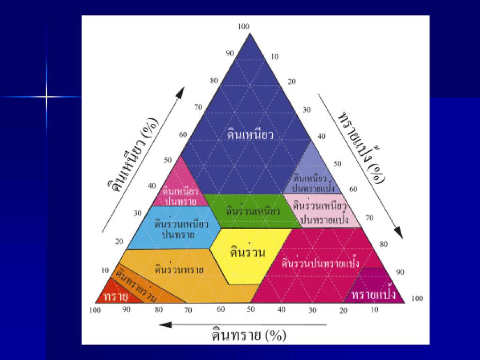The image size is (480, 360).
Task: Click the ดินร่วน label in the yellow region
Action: point(248,253)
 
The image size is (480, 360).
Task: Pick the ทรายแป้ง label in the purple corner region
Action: point(374,295)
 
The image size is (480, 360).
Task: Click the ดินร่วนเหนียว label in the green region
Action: point(253,211)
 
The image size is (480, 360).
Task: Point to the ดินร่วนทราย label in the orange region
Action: point(179,270)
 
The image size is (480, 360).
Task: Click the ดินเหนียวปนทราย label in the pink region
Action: point(180,196)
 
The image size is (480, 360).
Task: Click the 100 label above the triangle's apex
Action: point(244,27)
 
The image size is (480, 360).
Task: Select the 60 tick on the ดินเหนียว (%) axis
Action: point(183,135)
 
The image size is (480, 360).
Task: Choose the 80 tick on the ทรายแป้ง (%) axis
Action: point(384,244)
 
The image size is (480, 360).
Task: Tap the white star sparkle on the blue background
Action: point(46,97)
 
